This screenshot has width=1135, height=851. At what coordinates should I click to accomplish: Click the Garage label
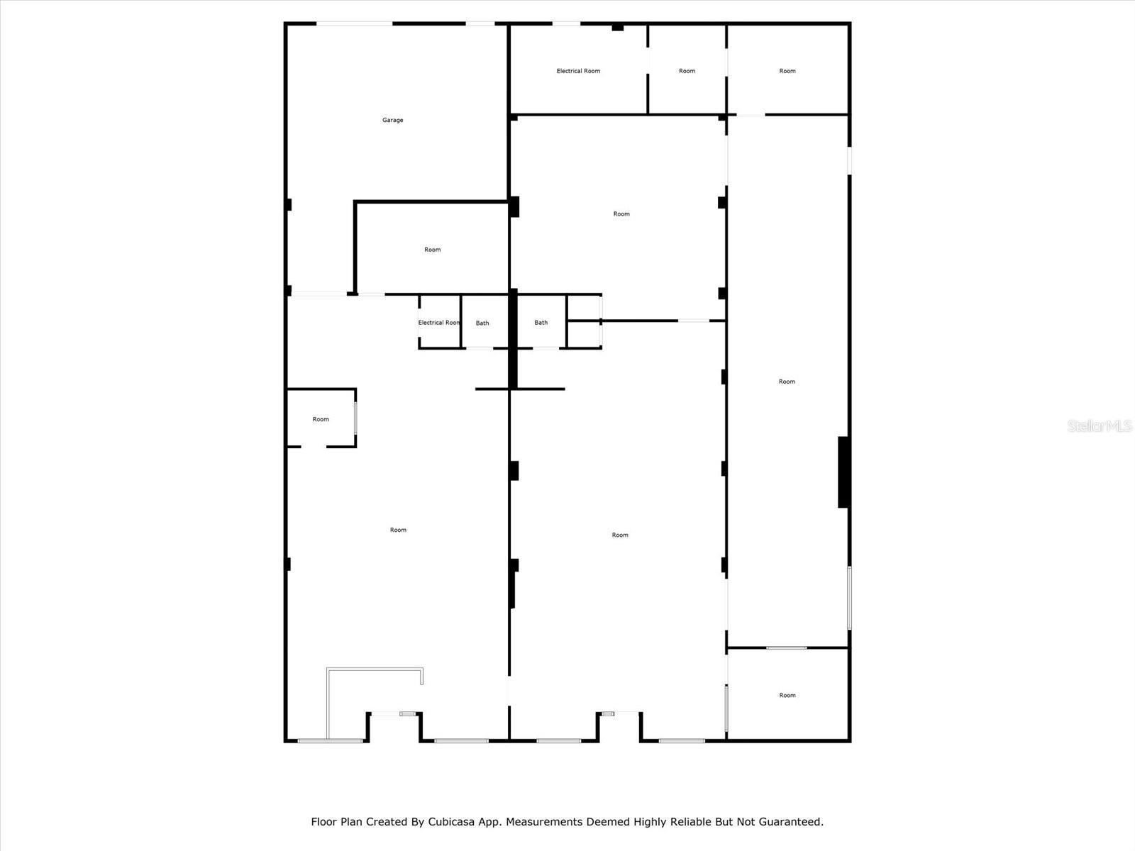(x=392, y=120)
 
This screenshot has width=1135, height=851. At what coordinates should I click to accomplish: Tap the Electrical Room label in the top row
(x=578, y=71)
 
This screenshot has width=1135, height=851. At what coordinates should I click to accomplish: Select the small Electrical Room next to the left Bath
(x=438, y=323)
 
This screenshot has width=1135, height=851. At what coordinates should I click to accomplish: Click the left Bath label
(x=482, y=323)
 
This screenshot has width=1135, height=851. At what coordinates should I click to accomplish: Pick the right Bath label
(x=541, y=323)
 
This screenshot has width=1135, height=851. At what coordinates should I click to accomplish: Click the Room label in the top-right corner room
(x=787, y=71)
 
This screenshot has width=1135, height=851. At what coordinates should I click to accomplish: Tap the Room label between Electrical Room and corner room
(x=687, y=71)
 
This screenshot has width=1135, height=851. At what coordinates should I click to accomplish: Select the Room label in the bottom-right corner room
(x=787, y=695)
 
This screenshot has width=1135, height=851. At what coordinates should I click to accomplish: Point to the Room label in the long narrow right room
(x=787, y=382)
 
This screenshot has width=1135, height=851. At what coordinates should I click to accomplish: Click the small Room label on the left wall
(x=321, y=419)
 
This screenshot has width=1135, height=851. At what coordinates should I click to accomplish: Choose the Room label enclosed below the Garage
(x=432, y=250)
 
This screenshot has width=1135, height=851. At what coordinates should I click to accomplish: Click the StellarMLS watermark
(x=1100, y=425)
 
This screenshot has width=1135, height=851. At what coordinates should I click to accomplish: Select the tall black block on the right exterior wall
(x=843, y=472)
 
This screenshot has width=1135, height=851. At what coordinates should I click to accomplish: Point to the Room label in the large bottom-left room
(x=398, y=530)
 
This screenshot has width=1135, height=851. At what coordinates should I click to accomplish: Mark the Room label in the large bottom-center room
(x=620, y=535)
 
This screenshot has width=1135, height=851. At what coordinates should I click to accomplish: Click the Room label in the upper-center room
(x=621, y=213)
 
